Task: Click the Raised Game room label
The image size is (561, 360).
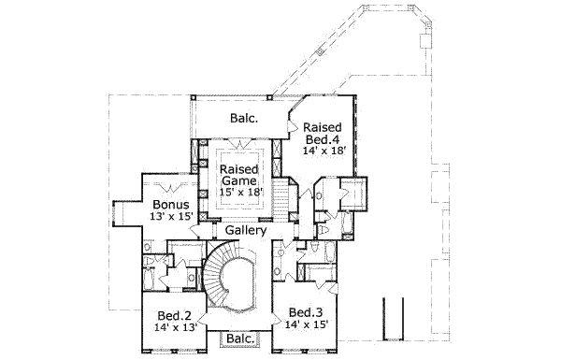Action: point(239,175)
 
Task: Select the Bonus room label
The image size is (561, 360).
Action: point(171,205)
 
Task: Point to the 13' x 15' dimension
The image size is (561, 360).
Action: point(171,217)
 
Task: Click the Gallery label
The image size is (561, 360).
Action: point(246,230)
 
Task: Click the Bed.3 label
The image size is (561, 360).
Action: point(306,312)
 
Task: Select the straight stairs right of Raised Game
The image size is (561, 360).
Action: point(283,198)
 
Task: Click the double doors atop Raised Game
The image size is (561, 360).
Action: point(239,143)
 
